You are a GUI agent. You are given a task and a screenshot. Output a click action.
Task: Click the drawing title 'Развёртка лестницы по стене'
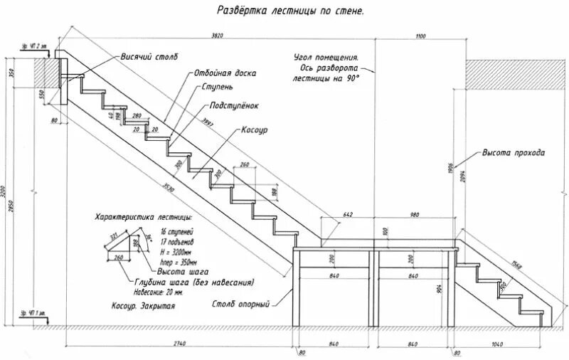289,11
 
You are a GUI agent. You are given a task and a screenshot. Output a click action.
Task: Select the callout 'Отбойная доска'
225,73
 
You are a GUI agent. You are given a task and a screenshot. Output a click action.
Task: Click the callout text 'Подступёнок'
235,105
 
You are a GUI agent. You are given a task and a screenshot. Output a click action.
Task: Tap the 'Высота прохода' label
514,153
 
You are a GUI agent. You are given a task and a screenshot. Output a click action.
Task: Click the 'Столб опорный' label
240,305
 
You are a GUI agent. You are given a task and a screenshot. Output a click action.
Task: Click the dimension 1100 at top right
420,36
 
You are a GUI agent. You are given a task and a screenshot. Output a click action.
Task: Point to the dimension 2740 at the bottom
179,344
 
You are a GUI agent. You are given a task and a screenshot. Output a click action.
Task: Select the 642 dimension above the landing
347,214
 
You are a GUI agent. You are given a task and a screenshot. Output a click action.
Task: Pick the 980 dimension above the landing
414,214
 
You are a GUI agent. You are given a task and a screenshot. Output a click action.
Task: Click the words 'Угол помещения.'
325,57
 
